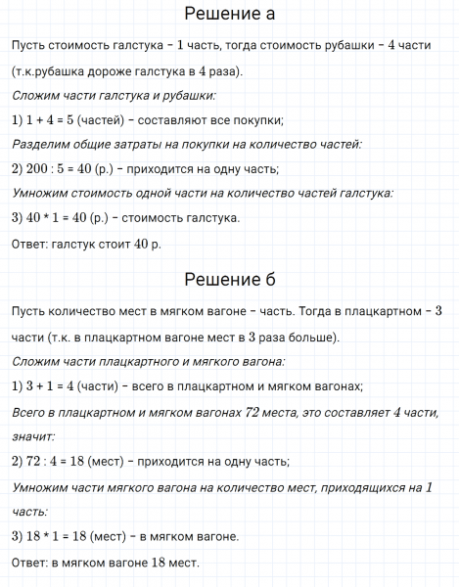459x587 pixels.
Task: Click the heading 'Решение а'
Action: pyautogui.click(x=229, y=15)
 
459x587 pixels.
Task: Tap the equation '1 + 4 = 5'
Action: pyautogui.click(x=53, y=120)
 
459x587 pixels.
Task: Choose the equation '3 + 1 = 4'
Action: pyautogui.click(x=53, y=386)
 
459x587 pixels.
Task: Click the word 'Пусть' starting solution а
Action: pyautogui.click(x=30, y=48)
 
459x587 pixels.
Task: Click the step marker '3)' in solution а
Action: pyautogui.click(x=18, y=217)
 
